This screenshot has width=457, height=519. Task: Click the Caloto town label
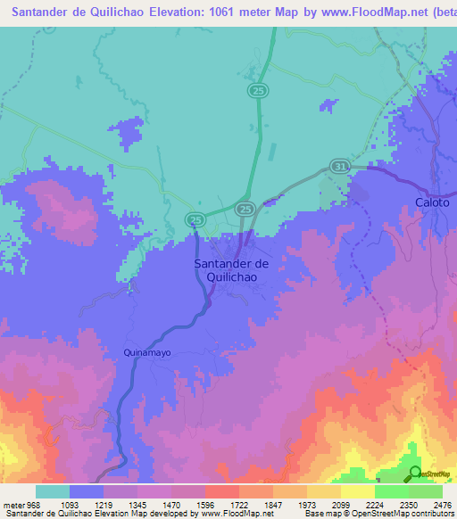(x=433, y=202)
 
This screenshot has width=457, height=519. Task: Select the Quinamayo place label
(x=146, y=352)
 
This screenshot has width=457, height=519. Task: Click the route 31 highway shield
(x=338, y=166)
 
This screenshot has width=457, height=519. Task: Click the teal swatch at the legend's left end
(x=53, y=491)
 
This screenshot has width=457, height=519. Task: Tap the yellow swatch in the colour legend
(x=357, y=491)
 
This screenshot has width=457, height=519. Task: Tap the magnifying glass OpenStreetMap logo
(x=414, y=473)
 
